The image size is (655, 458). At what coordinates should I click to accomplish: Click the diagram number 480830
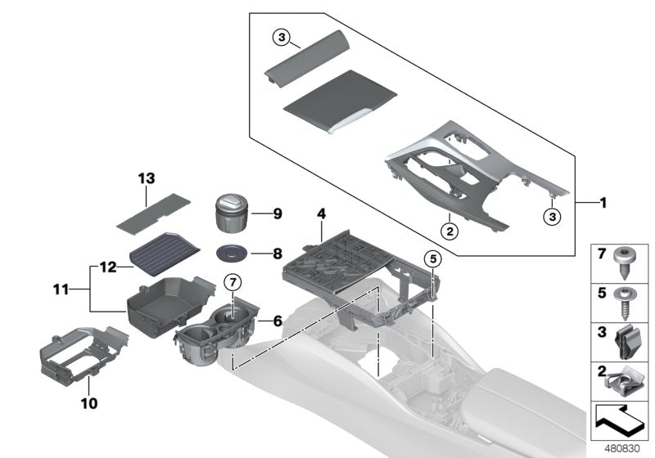tap(625, 448)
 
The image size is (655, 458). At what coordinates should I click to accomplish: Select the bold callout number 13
tap(147, 177)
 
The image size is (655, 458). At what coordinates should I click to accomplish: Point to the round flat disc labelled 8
tap(233, 254)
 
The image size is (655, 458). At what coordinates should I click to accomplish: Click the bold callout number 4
tap(322, 214)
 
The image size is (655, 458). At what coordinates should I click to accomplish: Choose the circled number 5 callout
tap(431, 259)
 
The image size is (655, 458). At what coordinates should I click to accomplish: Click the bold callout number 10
tap(88, 403)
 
